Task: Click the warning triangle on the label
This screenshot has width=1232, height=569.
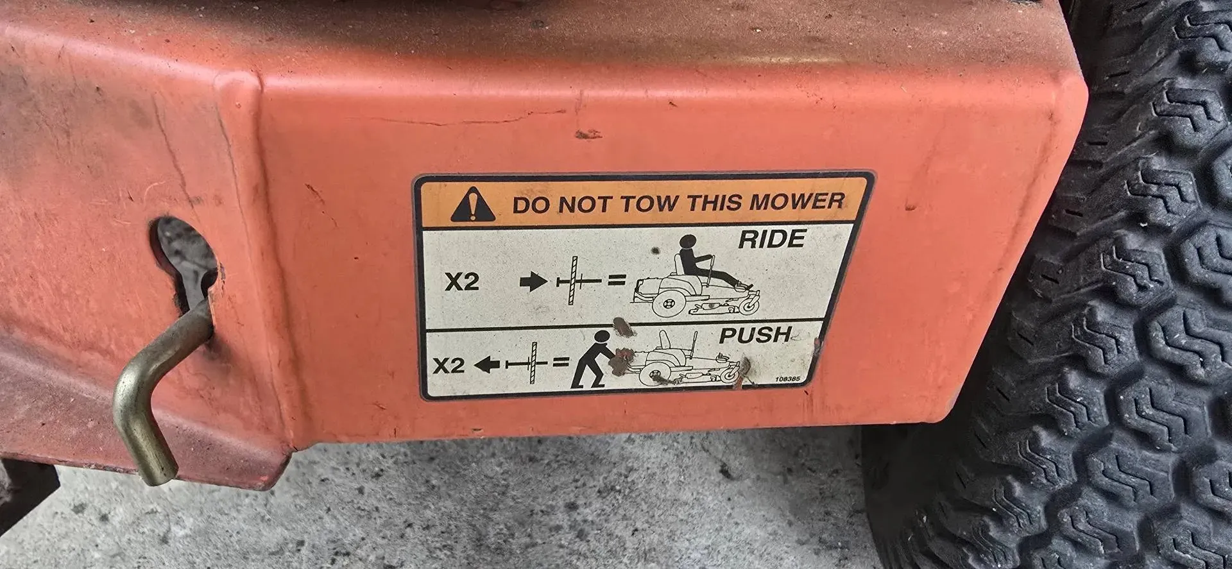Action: click(473, 205)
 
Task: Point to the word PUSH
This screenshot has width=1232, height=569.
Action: click(755, 335)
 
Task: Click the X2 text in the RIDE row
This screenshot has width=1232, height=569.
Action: click(462, 282)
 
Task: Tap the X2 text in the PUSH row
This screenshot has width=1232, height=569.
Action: click(448, 366)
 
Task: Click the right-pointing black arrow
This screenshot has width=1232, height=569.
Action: click(533, 282)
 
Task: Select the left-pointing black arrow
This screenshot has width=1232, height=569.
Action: click(487, 364)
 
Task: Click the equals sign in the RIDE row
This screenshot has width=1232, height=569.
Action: click(617, 280)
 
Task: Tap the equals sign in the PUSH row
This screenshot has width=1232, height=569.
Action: click(561, 363)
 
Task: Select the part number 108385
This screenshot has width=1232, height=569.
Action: click(787, 378)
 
